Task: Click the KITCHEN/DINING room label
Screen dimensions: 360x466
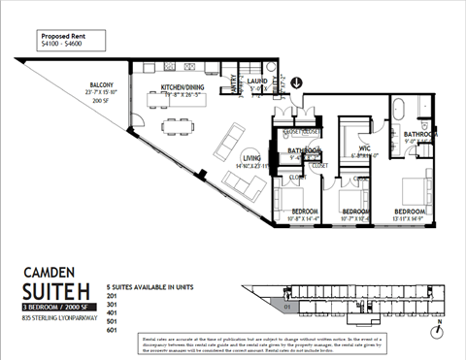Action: (180, 91)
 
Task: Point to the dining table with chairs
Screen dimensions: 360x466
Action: (176, 124)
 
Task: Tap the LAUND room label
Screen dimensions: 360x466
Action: (257, 83)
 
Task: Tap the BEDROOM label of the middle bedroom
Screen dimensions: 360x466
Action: (354, 212)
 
